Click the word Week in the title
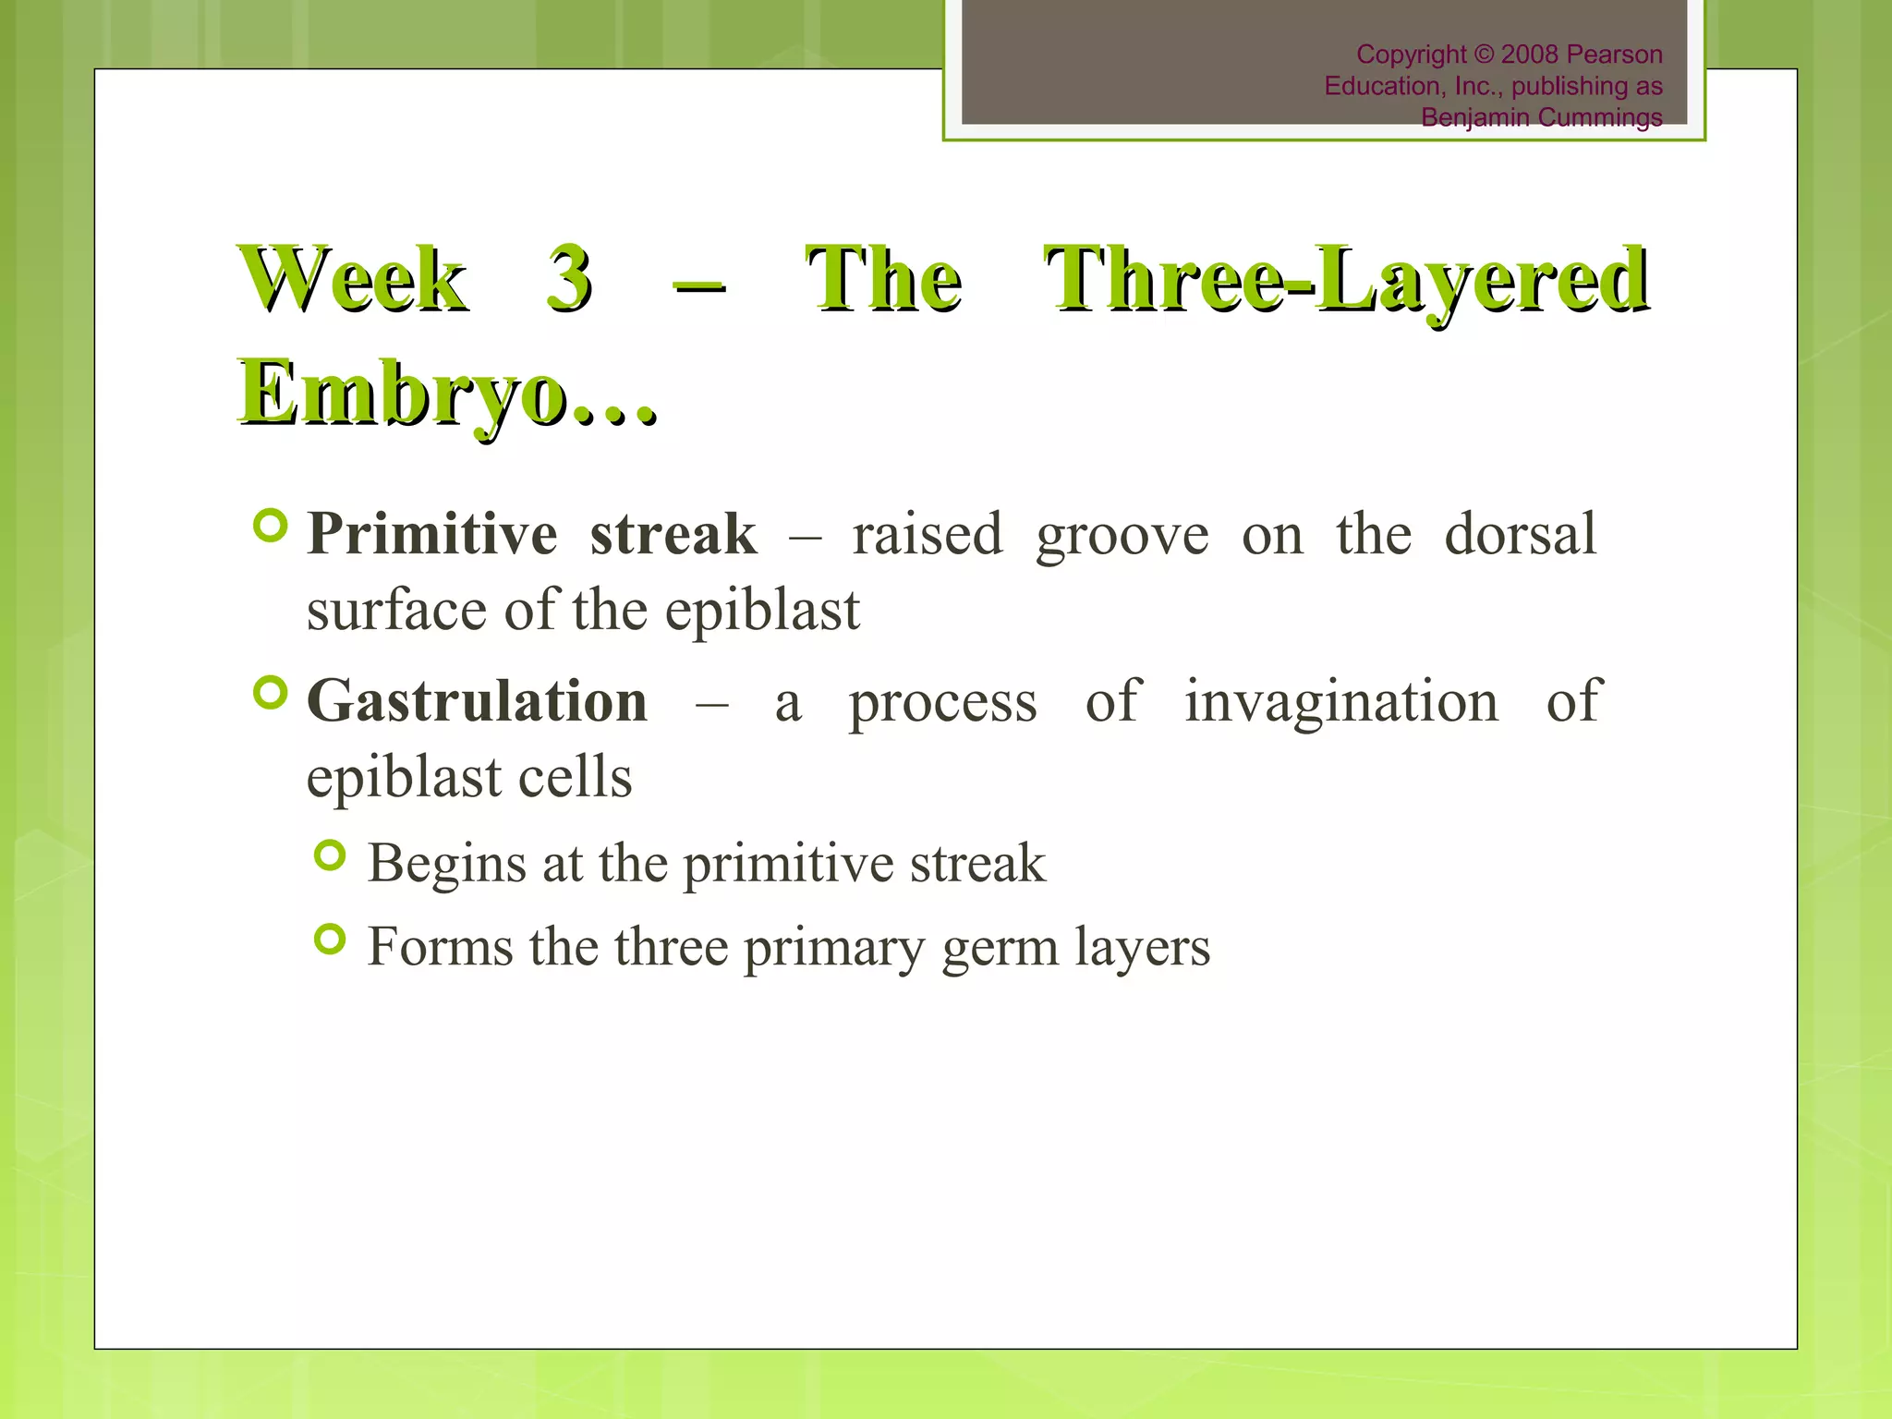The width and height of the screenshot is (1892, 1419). click(x=354, y=279)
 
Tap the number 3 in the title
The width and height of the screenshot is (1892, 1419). click(x=568, y=279)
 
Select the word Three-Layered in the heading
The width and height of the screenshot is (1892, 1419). click(x=1346, y=279)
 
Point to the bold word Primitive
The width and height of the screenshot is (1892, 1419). click(x=431, y=534)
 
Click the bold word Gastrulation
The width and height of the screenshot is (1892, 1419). click(x=477, y=701)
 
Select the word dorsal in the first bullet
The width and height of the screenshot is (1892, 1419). click(x=1520, y=534)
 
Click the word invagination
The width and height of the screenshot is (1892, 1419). click(x=1341, y=702)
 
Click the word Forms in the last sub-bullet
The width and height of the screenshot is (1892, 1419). click(x=440, y=947)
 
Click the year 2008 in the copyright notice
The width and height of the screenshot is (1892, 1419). click(x=1530, y=55)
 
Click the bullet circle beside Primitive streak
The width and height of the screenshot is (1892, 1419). click(x=270, y=526)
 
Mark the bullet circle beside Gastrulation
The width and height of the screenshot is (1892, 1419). click(x=270, y=692)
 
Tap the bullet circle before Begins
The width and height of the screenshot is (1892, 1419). click(x=330, y=856)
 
